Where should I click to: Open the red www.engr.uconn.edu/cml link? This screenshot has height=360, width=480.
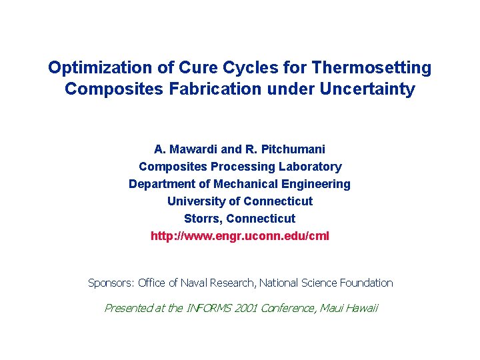[240, 236]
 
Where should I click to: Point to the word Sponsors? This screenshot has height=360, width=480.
[111, 283]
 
